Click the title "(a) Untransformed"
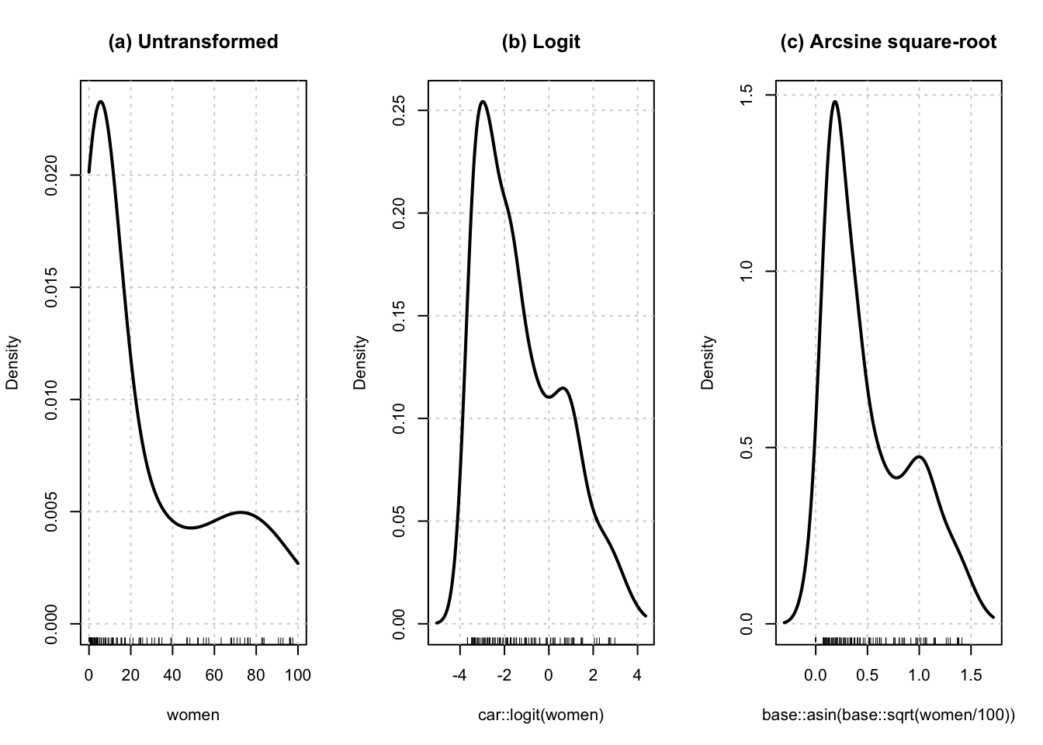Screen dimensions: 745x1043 (x=193, y=42)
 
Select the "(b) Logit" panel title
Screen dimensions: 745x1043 (x=541, y=42)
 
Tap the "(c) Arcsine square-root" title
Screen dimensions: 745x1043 (x=888, y=42)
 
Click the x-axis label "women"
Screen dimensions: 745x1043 (x=193, y=715)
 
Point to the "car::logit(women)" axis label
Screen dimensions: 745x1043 (x=541, y=715)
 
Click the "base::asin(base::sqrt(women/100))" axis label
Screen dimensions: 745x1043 (x=888, y=715)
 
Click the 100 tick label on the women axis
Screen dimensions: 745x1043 (x=297, y=676)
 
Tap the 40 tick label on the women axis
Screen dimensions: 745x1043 (x=172, y=676)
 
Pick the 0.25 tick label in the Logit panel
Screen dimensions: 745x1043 (x=400, y=110)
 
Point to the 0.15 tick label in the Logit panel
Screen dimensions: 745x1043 (x=400, y=316)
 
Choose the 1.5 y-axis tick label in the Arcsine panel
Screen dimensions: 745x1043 (x=748, y=95)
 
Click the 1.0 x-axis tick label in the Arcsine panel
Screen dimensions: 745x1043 (x=919, y=676)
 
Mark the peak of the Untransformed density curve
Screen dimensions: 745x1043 (x=101, y=102)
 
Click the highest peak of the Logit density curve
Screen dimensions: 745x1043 (x=483, y=101)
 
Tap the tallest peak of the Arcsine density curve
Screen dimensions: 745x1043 (x=835, y=101)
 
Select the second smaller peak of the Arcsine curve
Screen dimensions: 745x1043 (x=920, y=456)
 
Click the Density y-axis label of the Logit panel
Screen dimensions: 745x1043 (x=360, y=362)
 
